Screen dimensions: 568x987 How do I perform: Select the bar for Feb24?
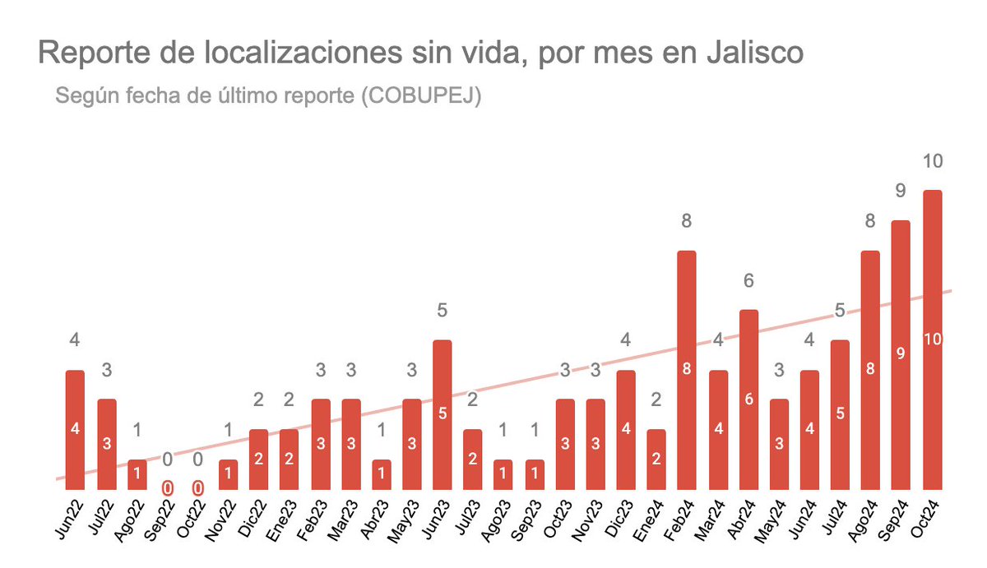[x=687, y=370]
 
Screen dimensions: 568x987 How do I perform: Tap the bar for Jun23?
[x=443, y=414]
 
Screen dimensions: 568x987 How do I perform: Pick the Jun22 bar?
[x=75, y=429]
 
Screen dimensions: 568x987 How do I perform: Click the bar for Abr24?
[x=748, y=399]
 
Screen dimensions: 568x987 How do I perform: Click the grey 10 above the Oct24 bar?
[x=933, y=161]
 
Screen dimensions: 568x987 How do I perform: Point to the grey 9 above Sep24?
[x=901, y=192]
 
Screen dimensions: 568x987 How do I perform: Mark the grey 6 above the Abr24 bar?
[x=748, y=281]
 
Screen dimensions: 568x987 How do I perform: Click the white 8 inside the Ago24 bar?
[x=870, y=369]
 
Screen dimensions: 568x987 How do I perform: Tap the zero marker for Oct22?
[x=197, y=488]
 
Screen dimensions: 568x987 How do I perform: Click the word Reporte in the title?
[x=89, y=53]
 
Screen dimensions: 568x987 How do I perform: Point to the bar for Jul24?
[x=840, y=414]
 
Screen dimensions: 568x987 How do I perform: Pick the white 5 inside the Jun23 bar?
[x=443, y=413]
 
